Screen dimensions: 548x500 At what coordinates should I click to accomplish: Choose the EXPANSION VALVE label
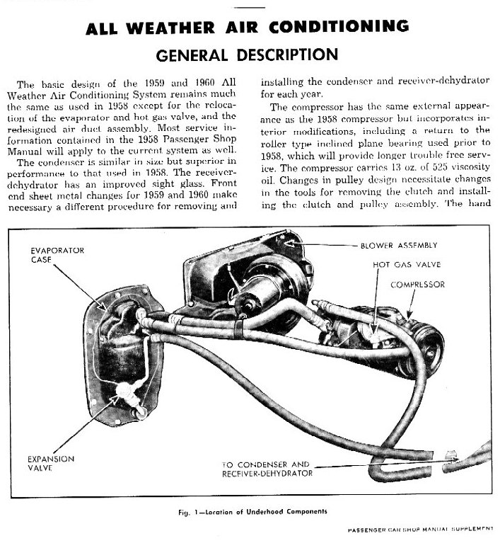(x=50, y=462)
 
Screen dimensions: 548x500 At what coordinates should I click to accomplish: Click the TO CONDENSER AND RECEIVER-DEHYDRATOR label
(x=265, y=468)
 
